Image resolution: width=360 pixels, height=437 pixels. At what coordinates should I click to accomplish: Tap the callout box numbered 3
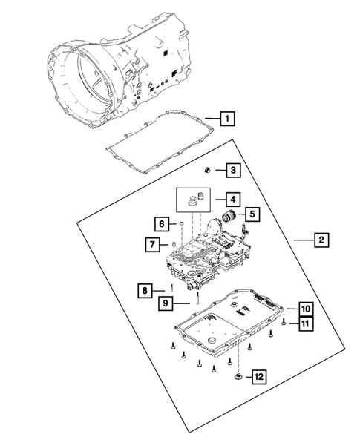[x=232, y=171]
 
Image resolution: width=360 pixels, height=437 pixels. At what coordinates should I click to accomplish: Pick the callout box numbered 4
[x=232, y=199]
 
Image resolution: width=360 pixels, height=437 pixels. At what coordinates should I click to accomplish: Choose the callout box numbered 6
[x=160, y=223]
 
